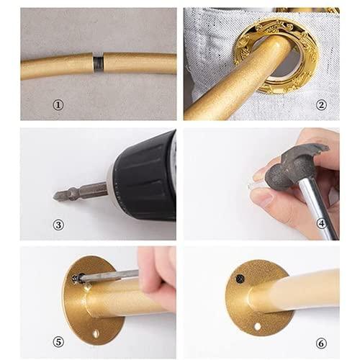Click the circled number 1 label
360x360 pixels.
pyautogui.click(x=58, y=104)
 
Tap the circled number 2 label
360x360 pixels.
pyautogui.click(x=322, y=104)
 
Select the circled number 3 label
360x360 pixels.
pyautogui.click(x=58, y=223)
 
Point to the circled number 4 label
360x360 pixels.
pyautogui.click(x=322, y=223)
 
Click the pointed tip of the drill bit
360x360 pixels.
pyautogui.click(x=56, y=194)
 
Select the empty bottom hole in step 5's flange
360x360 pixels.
pyautogui.click(x=96, y=335)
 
